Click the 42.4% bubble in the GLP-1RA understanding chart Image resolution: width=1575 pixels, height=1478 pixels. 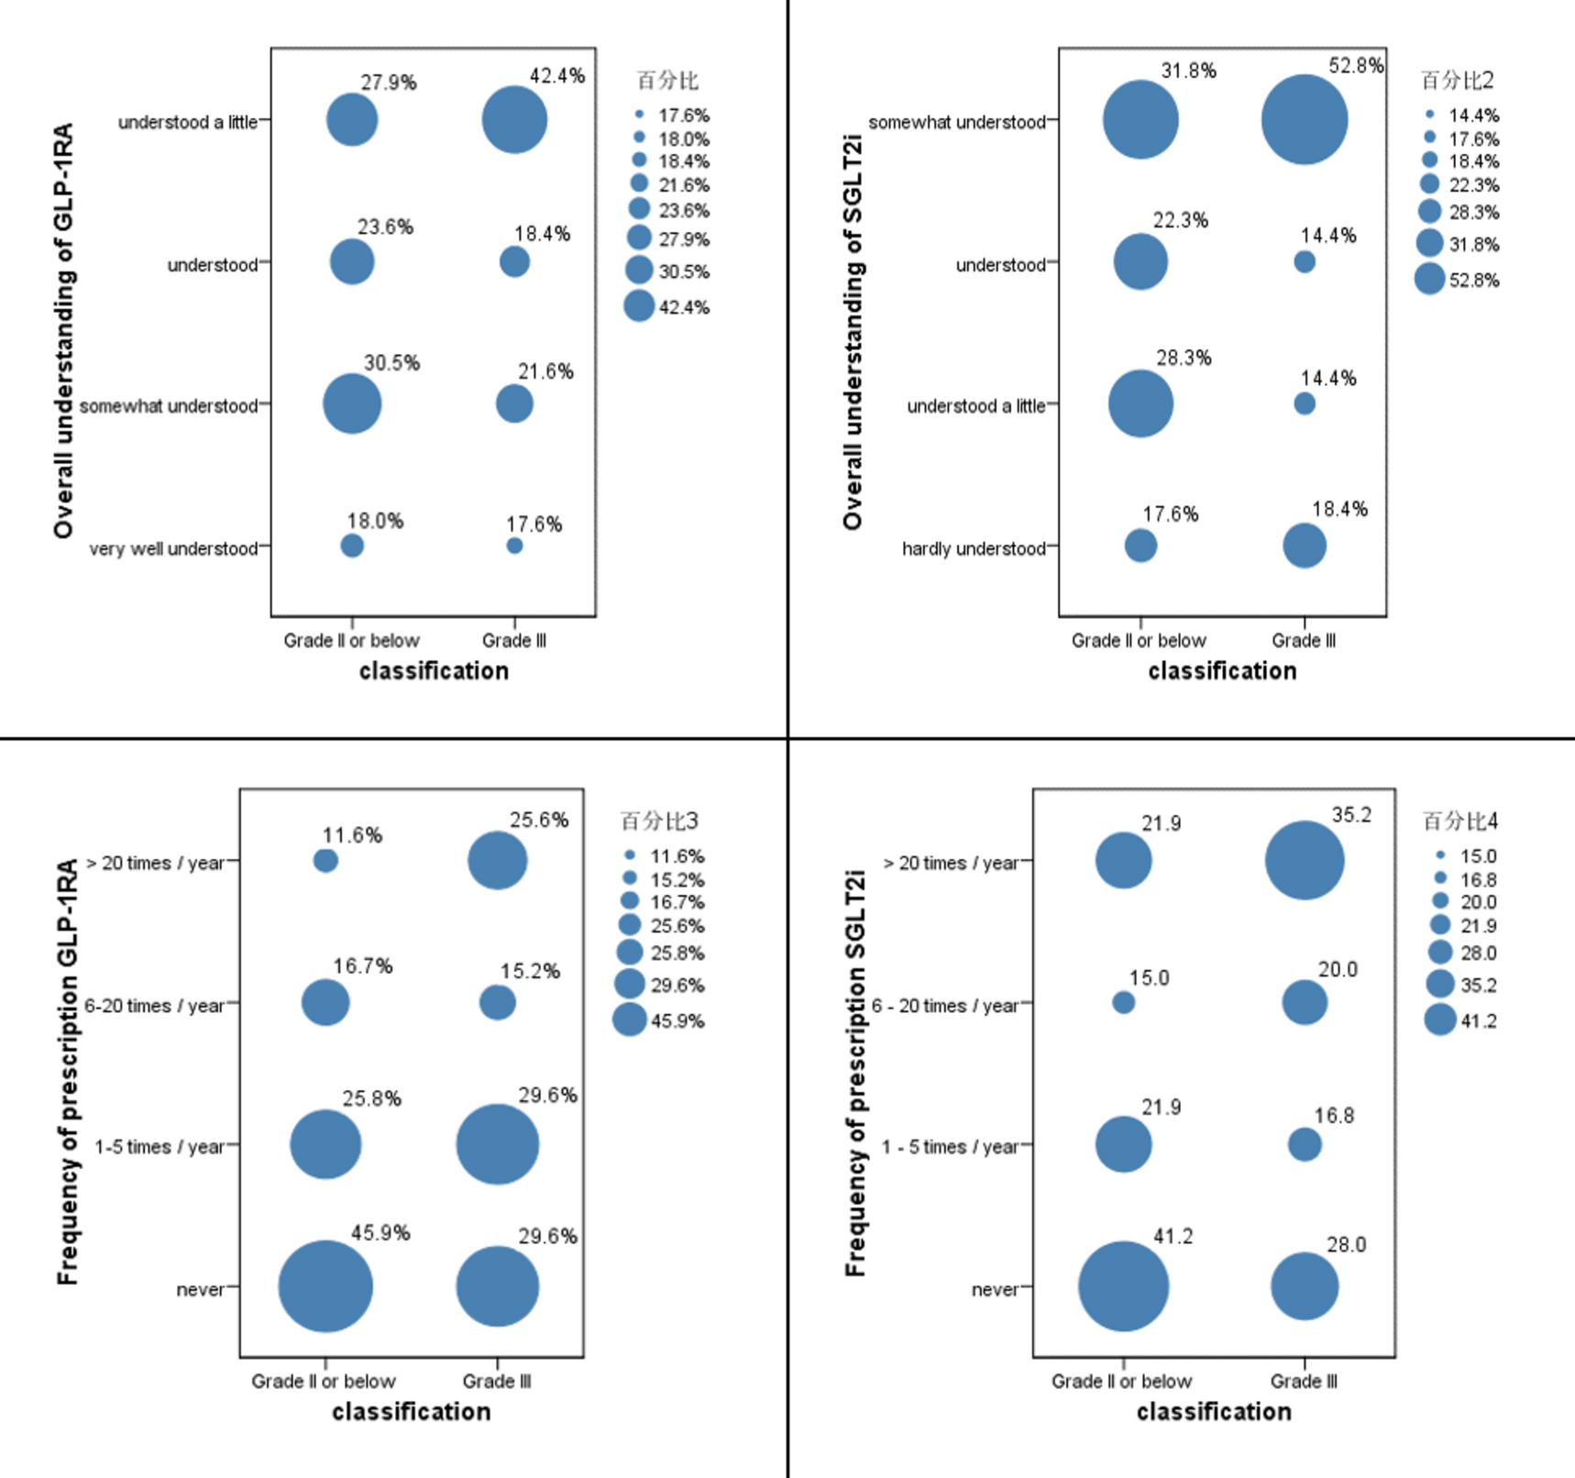[x=514, y=120]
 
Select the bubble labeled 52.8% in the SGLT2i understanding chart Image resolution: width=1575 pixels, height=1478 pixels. [x=1304, y=120]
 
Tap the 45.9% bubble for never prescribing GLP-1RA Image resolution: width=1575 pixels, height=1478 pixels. [x=325, y=1286]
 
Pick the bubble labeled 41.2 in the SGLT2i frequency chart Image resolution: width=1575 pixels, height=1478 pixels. [x=1123, y=1286]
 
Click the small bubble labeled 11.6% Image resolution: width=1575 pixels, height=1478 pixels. [x=325, y=861]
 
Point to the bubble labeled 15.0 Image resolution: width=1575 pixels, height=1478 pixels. [x=1123, y=1002]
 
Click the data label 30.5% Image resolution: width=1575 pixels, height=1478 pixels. [x=391, y=363]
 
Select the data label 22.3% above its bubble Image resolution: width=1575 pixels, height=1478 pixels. [x=1180, y=220]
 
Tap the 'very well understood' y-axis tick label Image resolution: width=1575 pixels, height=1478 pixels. [x=173, y=548]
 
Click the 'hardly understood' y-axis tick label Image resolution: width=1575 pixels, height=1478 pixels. [x=973, y=548]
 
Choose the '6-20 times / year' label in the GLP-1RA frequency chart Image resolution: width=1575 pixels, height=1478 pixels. [x=154, y=1006]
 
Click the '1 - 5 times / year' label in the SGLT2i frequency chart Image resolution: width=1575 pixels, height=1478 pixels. [x=950, y=1147]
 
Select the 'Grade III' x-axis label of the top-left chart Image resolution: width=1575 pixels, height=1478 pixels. [x=514, y=641]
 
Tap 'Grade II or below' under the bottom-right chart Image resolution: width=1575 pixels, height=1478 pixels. [x=1121, y=1381]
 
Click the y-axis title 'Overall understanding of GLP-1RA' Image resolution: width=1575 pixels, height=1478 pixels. [x=63, y=330]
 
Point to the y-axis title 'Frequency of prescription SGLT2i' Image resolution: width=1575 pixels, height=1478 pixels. [x=854, y=1073]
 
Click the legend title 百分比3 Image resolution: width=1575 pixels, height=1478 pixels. [x=659, y=821]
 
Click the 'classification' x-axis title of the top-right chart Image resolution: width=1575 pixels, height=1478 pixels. [x=1222, y=671]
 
